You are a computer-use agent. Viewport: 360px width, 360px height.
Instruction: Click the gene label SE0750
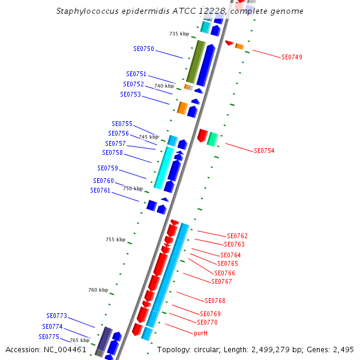point(143,49)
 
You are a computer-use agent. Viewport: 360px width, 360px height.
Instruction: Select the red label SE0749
point(292,58)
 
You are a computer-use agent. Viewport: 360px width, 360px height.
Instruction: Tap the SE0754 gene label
point(264,151)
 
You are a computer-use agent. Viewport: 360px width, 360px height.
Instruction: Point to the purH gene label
point(200,333)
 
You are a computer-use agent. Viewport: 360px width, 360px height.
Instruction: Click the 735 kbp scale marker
point(179,34)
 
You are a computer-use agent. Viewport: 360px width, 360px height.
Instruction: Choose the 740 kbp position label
point(164,86)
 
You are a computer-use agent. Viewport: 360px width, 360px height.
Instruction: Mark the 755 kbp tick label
point(115,240)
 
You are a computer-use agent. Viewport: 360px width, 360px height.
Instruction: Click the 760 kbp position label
point(98,290)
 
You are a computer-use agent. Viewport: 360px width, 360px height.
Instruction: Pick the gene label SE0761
point(100,191)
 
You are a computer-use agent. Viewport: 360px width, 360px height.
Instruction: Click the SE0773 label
point(56,316)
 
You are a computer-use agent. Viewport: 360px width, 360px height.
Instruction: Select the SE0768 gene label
point(215,301)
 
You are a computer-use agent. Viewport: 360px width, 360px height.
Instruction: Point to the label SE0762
point(237,236)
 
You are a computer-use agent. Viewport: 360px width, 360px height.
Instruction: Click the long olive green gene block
point(196,62)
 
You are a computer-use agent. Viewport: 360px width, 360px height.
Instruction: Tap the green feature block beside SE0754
point(212,139)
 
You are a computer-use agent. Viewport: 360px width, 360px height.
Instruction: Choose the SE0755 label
point(122,124)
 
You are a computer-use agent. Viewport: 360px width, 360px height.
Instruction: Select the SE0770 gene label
point(207,323)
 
